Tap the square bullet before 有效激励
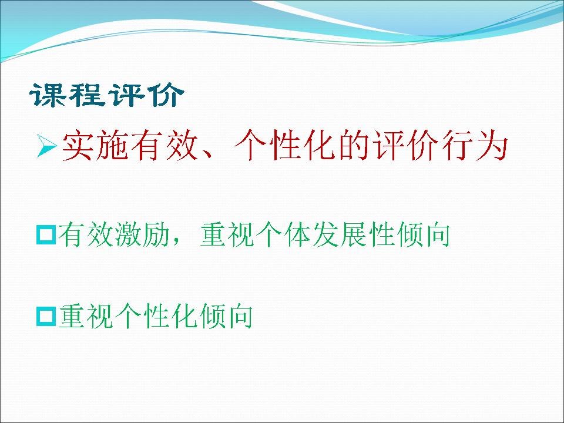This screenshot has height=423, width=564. click(x=46, y=235)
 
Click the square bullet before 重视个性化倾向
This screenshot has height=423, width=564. click(x=46, y=317)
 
